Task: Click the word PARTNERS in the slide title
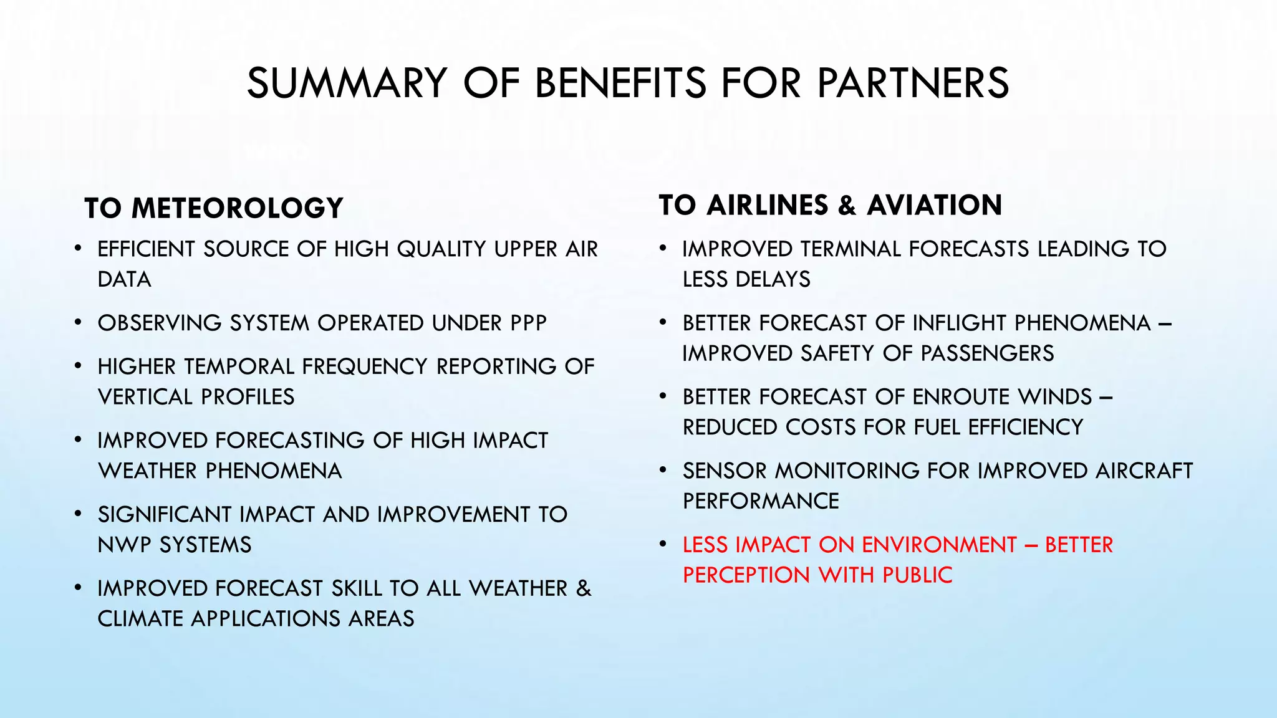pos(913,83)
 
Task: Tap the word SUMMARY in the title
pos(347,83)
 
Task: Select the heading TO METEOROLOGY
pos(214,208)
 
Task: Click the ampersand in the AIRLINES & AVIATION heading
pos(847,206)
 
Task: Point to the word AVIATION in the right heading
pos(934,205)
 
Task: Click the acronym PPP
pos(528,323)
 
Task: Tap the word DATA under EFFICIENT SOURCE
pos(124,279)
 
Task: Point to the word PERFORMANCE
pos(761,501)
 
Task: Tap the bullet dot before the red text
pos(663,545)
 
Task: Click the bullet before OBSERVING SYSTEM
pos(77,323)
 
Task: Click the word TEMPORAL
pos(239,366)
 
